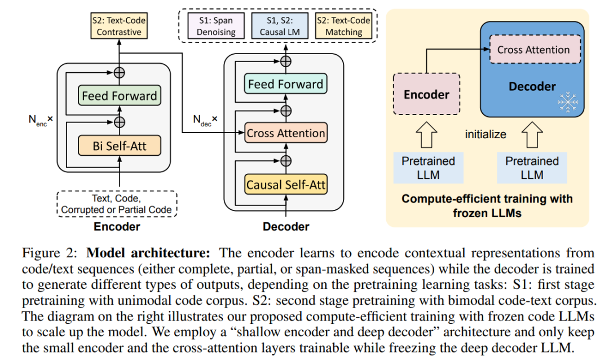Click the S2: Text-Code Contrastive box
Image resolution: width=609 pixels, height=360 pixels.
[118, 26]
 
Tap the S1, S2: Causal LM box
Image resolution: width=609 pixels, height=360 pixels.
[280, 26]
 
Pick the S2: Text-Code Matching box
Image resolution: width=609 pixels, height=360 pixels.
[344, 26]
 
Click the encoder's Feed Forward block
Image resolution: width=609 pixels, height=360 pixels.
[119, 95]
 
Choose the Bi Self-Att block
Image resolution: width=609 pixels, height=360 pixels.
[119, 146]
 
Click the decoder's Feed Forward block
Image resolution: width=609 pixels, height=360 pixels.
[285, 85]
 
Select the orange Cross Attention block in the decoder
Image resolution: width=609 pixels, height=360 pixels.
[285, 134]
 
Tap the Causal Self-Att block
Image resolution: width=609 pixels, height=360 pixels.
[286, 184]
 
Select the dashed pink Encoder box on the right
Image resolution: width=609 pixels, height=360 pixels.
[426, 94]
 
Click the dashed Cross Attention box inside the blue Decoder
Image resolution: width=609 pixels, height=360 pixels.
[533, 50]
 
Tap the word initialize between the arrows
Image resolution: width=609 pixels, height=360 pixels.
[486, 134]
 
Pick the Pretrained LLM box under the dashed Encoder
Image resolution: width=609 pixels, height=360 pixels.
[428, 168]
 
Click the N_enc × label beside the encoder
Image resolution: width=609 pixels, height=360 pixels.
[40, 120]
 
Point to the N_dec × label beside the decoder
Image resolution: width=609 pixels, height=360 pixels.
[205, 120]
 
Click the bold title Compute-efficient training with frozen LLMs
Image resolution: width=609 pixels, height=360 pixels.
[487, 206]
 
